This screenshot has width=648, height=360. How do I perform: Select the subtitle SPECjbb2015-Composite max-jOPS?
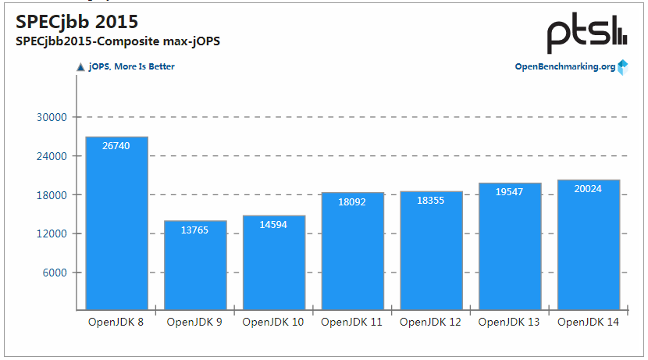117,41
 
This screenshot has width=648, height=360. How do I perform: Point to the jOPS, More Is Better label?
131,67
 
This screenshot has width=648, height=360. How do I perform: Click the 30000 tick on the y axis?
53,117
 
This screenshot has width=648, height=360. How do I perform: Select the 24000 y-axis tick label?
53,156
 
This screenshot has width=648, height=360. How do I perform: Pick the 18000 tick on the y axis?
53,195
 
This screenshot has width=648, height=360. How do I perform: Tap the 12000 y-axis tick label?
53,233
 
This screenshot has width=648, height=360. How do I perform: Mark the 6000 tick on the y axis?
56,273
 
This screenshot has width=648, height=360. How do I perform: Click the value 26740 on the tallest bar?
116,146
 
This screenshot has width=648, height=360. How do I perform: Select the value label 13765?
195,230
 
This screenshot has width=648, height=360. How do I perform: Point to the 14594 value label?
274,225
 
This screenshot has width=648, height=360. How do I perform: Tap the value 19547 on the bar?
510,192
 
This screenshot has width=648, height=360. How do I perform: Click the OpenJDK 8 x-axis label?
116,322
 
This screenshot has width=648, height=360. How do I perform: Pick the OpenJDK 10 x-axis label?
274,322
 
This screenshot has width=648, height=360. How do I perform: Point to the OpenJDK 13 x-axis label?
510,322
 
